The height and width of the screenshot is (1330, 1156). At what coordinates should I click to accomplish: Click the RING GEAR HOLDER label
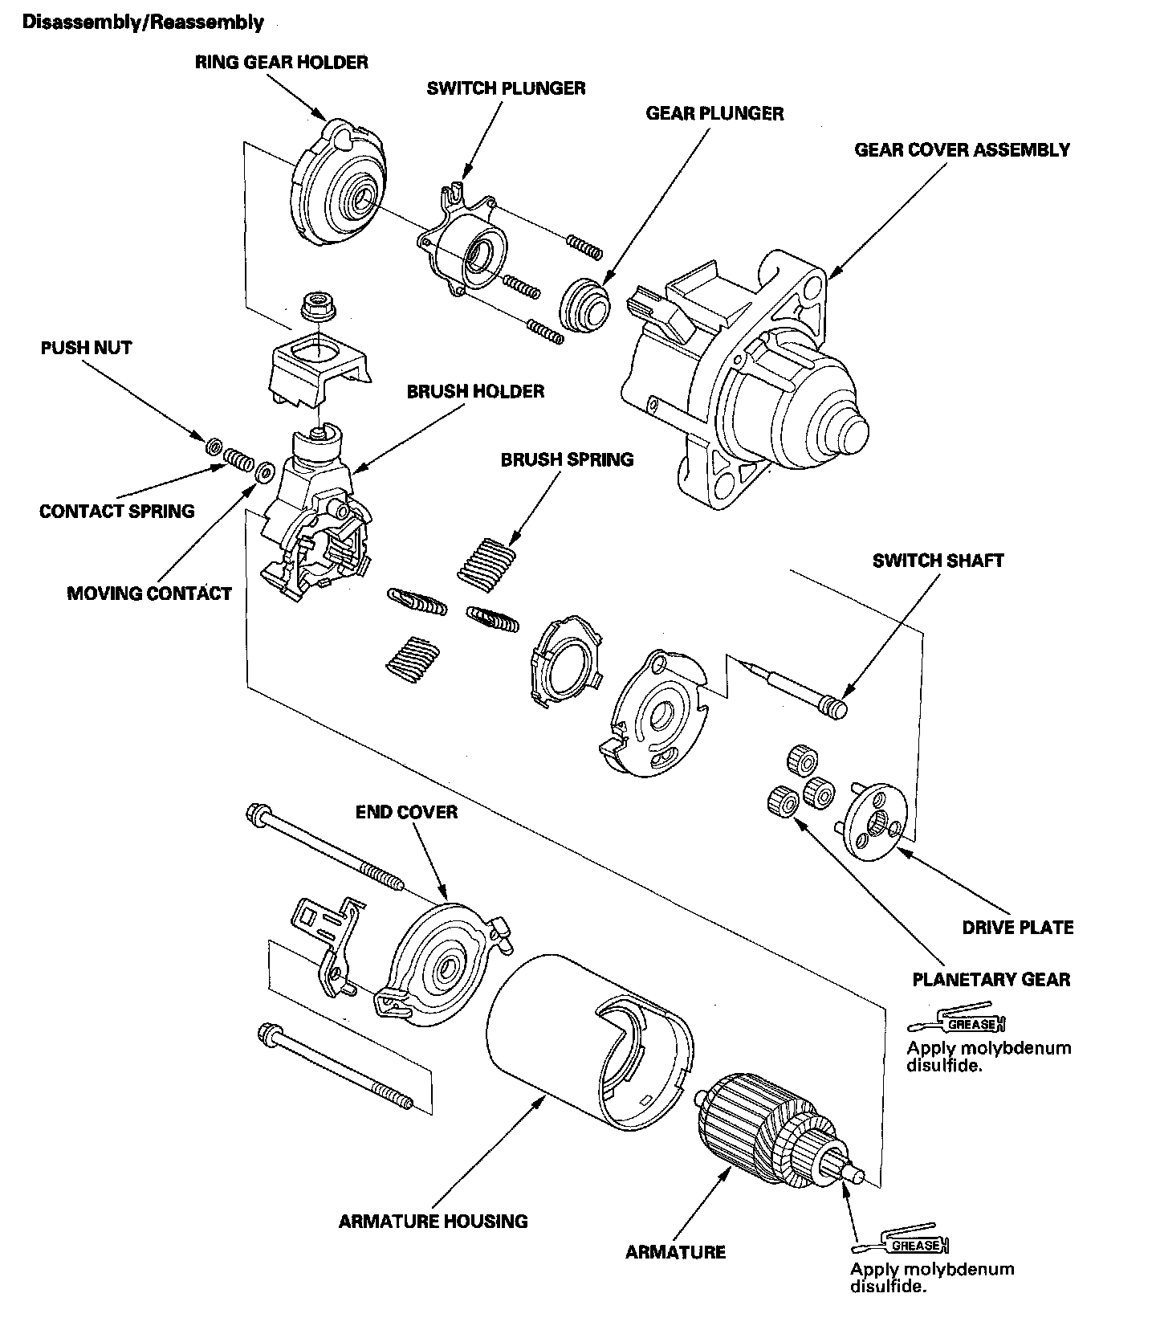tap(281, 63)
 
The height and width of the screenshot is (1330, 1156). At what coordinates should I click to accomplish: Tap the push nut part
tap(214, 446)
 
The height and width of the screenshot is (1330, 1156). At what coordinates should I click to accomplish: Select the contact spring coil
tap(238, 459)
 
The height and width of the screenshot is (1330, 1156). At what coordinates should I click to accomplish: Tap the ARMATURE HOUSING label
tap(433, 1222)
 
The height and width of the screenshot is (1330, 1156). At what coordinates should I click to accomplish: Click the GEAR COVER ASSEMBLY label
tap(962, 150)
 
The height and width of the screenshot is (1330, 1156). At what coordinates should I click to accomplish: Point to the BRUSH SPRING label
tap(567, 460)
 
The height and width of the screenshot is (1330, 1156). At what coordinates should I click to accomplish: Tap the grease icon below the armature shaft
tap(902, 1243)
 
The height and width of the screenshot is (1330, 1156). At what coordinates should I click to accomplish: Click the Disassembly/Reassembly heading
tap(143, 22)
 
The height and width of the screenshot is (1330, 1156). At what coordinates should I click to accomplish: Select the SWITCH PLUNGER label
tap(506, 88)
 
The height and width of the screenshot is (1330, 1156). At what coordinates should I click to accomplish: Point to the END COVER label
tap(406, 812)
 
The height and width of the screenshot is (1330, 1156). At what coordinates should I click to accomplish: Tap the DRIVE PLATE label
tap(1017, 928)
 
